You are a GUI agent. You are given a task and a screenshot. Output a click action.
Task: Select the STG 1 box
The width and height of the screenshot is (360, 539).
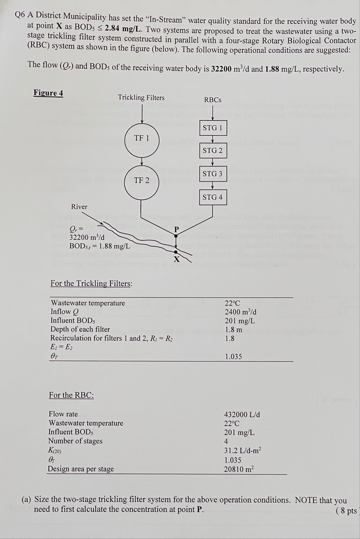tap(213, 128)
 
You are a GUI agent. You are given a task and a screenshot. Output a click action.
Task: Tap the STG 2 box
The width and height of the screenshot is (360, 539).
tap(213, 151)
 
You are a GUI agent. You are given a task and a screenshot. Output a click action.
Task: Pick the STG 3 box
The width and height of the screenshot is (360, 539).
tap(213, 174)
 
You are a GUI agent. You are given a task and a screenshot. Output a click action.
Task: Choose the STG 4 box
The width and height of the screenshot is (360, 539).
tap(213, 197)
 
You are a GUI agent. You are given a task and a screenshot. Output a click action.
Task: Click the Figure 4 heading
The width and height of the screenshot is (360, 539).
tap(48, 93)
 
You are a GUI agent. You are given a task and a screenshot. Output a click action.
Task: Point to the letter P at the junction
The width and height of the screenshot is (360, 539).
tap(177, 229)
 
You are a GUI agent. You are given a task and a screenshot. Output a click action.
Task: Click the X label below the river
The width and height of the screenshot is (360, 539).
tap(177, 259)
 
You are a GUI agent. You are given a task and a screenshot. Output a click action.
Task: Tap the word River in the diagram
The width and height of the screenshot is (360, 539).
tap(79, 207)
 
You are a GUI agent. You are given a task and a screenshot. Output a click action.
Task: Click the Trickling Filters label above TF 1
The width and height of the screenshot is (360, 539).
tap(141, 97)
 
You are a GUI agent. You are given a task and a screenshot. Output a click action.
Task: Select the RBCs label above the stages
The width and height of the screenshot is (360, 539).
tap(213, 100)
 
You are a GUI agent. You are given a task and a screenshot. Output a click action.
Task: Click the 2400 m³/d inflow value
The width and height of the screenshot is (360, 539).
tap(240, 312)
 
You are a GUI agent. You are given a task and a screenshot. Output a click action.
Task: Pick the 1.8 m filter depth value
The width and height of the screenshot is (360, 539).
tap(233, 330)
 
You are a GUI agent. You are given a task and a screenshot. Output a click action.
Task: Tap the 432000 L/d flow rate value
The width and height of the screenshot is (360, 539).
tap(242, 414)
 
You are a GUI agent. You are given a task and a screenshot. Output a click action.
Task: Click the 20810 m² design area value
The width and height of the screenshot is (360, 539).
tap(239, 469)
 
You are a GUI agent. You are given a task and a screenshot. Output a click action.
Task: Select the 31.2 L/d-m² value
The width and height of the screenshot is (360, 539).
tap(242, 451)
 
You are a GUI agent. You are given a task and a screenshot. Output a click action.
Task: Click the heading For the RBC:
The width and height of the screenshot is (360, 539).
tap(71, 395)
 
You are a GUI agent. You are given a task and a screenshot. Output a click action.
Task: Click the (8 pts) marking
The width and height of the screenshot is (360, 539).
tap(347, 511)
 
